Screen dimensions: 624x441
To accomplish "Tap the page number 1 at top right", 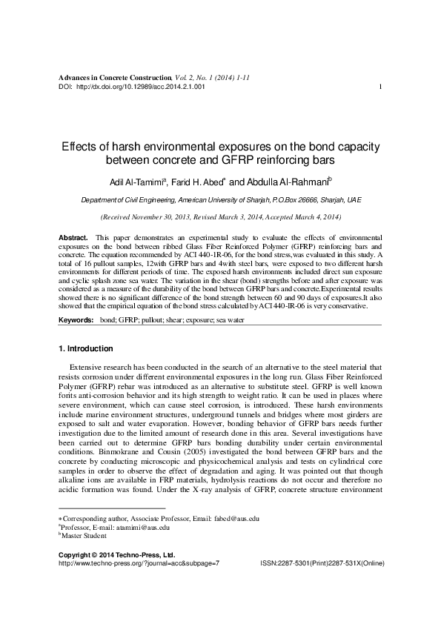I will (x=379, y=87).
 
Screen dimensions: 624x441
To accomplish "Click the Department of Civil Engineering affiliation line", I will (x=220, y=200).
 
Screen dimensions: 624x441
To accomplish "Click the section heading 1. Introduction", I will (x=85, y=348).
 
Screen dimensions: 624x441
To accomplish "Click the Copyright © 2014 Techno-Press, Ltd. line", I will (x=116, y=574).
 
